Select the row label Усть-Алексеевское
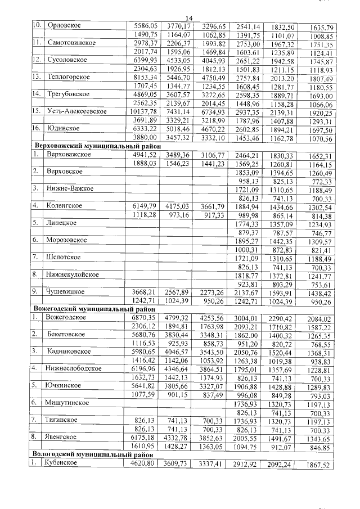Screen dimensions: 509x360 tap(77, 111)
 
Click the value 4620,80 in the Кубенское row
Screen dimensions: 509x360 tap(142, 464)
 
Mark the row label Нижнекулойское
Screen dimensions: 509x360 tap(74, 274)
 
